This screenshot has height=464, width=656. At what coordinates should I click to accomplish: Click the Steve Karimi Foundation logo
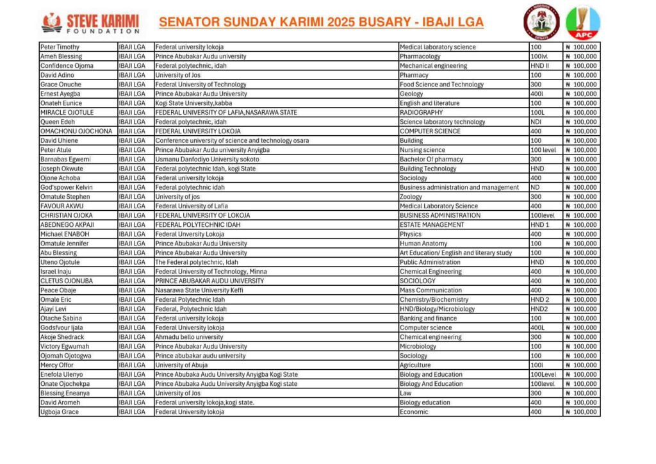(90, 22)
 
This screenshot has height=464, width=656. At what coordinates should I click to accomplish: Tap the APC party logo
(582, 22)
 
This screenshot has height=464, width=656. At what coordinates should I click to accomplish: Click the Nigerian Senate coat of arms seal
(541, 22)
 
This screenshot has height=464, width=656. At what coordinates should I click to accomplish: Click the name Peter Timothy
(60, 47)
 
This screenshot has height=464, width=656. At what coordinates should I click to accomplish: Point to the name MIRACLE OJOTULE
(66, 113)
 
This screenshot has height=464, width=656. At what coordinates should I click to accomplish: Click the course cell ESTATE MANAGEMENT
(432, 225)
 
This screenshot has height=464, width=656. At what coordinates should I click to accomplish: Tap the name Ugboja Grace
(60, 412)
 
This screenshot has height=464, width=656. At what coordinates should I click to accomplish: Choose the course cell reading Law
(405, 394)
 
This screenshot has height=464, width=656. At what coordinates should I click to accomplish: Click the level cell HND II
(539, 66)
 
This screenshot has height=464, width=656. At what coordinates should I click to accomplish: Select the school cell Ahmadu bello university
(189, 337)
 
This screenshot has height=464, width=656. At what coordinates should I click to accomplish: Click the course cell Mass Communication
(430, 290)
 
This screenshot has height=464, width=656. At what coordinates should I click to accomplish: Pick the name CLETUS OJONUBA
(66, 281)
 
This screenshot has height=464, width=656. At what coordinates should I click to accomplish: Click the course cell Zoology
(411, 197)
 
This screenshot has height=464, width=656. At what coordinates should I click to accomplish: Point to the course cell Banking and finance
(428, 319)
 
